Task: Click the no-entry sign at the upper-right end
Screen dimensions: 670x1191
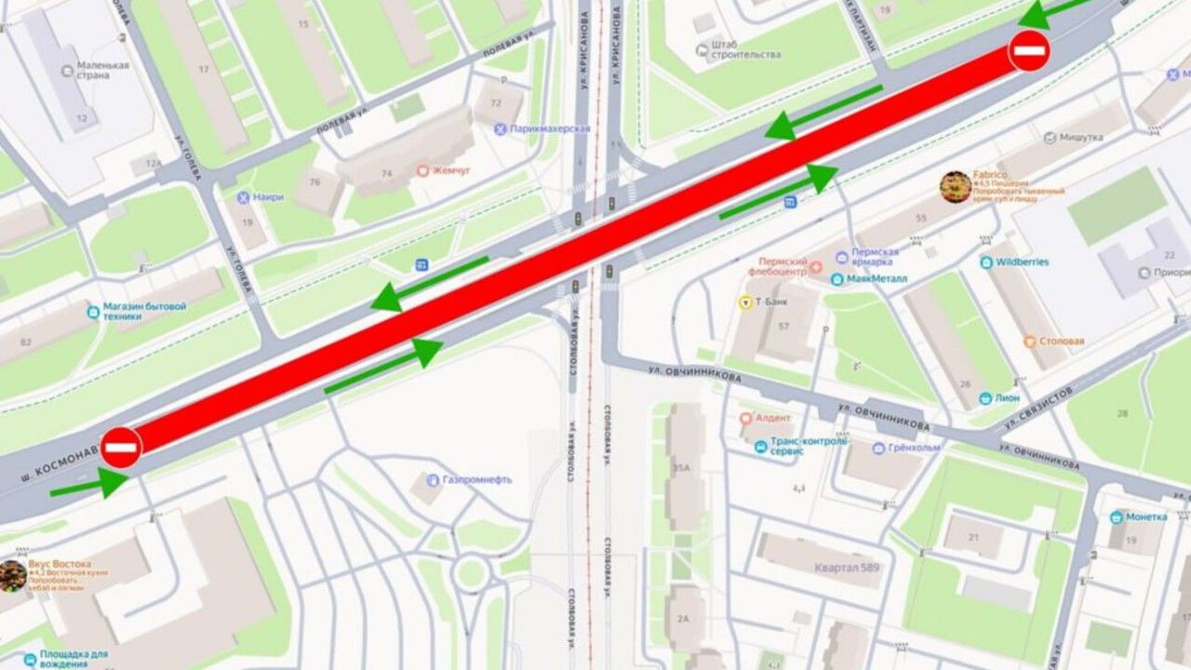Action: (x=1029, y=50)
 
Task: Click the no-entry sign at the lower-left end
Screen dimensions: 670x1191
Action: (x=121, y=448)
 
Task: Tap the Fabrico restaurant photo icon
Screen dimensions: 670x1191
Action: (x=956, y=187)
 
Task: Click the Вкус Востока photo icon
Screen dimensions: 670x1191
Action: (x=12, y=575)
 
